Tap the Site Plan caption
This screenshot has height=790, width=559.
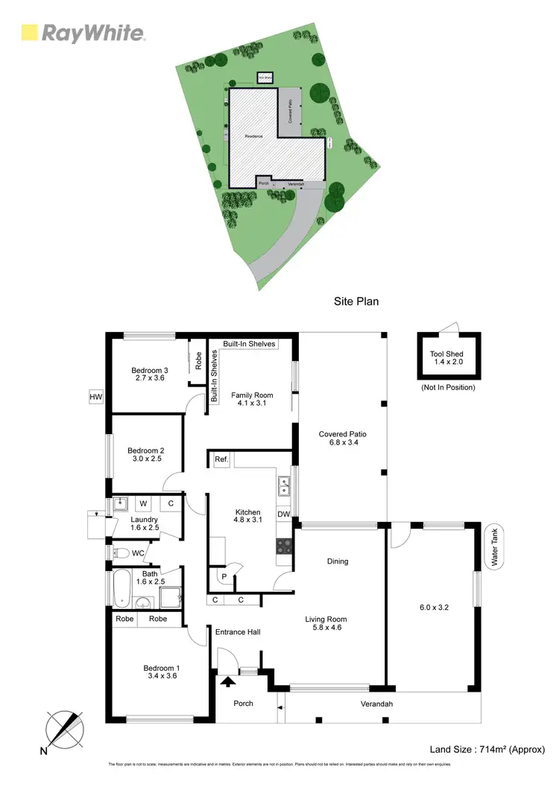tap(356, 302)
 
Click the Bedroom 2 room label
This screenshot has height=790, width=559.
tap(145, 454)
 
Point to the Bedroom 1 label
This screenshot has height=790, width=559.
tap(162, 672)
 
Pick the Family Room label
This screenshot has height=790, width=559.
tap(252, 400)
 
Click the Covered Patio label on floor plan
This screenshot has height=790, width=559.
tap(342, 439)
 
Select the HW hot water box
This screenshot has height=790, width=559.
tap(95, 398)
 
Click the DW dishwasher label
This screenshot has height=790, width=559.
tap(283, 515)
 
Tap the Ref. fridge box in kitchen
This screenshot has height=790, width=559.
tap(221, 460)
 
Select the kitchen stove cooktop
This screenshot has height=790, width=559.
tap(284, 546)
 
